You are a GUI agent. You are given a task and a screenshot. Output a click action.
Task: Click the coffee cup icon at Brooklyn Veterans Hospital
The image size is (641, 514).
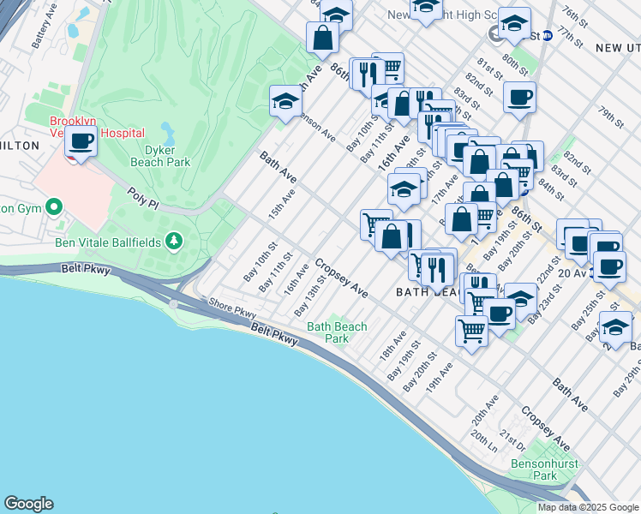(81, 141)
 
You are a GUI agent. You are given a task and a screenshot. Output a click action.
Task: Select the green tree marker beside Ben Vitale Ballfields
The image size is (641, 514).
(174, 242)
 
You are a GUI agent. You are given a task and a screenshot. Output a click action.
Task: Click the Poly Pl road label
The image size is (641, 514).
(144, 199)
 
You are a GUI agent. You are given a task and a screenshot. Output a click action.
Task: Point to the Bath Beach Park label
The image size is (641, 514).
(337, 332)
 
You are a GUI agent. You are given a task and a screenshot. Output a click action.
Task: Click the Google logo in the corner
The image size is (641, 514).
(28, 504)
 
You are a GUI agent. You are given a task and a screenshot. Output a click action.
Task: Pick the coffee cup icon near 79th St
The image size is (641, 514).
(518, 97)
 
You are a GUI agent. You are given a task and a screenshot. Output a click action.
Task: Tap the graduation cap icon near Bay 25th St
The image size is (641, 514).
(614, 327)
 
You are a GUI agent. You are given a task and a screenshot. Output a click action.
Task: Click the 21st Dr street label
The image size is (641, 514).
(512, 440)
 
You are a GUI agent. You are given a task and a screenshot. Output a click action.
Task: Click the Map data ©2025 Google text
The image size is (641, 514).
(588, 507)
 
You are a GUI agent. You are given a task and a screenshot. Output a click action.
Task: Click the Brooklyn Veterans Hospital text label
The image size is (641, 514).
(97, 128)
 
